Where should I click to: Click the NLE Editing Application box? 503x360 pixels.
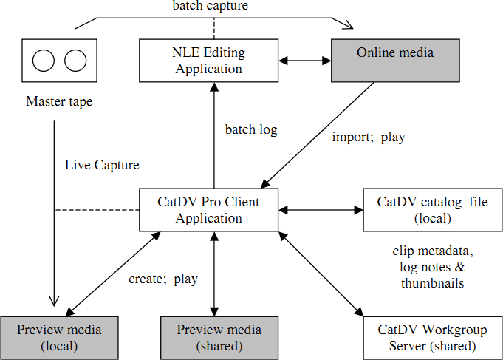[208, 61]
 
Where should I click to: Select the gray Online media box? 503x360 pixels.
[395, 61]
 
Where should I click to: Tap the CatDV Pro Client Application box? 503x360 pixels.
[208, 210]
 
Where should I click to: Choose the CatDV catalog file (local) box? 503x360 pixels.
[432, 210]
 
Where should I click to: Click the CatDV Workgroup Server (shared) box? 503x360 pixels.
[432, 338]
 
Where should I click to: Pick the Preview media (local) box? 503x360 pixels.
[59, 338]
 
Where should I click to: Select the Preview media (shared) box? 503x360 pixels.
[219, 338]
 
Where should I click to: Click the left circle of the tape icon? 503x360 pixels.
[44, 61]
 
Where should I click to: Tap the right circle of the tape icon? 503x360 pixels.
[75, 61]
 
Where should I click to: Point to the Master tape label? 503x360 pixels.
[59, 101]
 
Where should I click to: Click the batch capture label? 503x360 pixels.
[211, 6]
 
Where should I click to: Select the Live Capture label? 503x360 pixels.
[103, 165]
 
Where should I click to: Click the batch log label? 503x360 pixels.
[251, 130]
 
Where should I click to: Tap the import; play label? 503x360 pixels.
[369, 137]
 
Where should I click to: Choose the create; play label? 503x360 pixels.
[163, 279]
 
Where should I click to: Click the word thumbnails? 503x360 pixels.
[432, 283]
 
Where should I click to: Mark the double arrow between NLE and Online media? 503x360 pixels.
[305, 61]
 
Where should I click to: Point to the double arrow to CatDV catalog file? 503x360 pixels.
[321, 210]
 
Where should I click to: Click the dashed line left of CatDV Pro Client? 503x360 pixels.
[97, 210]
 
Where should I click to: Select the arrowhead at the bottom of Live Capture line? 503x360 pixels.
[54, 301]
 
